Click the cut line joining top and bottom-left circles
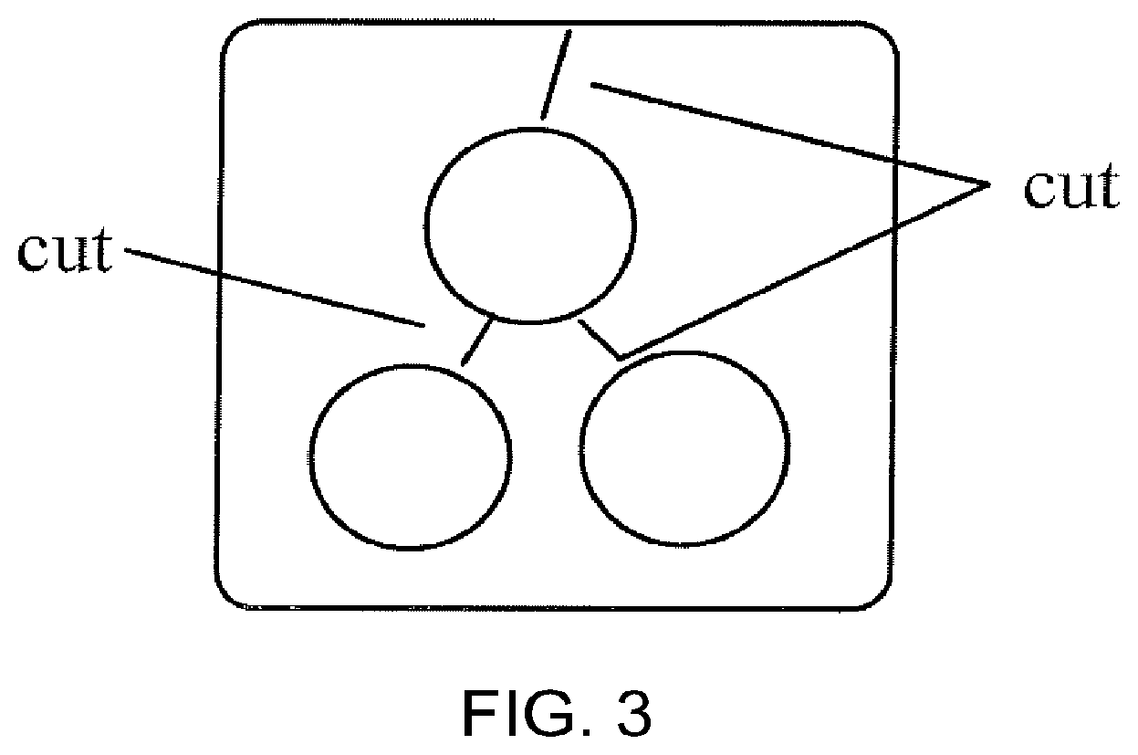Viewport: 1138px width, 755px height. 477,341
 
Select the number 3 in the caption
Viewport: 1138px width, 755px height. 631,714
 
